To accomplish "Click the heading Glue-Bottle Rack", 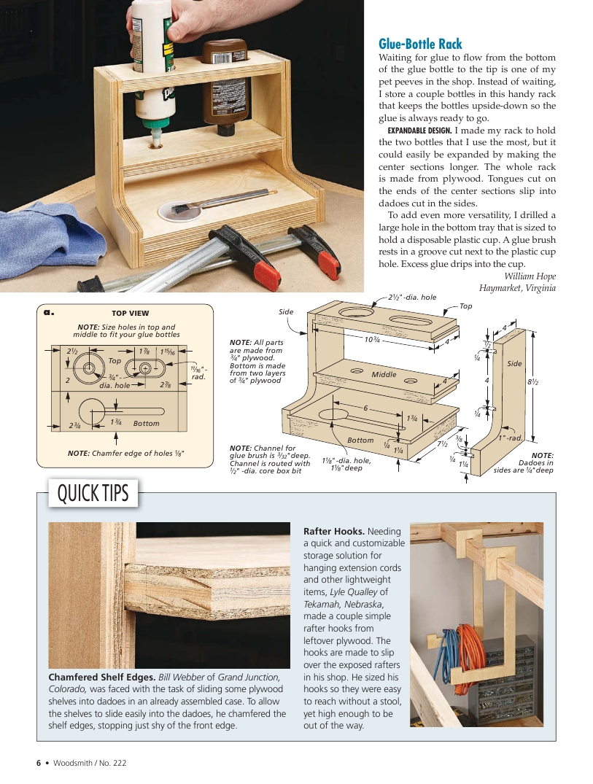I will [x=420, y=44].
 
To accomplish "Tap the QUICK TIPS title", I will [x=93, y=494].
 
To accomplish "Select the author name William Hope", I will [x=530, y=276].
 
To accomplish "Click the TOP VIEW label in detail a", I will [x=130, y=314].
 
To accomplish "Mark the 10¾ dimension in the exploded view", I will [x=373, y=339].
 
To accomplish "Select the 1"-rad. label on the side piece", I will [x=509, y=438].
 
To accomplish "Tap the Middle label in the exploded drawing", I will [x=384, y=374].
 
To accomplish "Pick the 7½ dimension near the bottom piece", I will [x=442, y=444].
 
